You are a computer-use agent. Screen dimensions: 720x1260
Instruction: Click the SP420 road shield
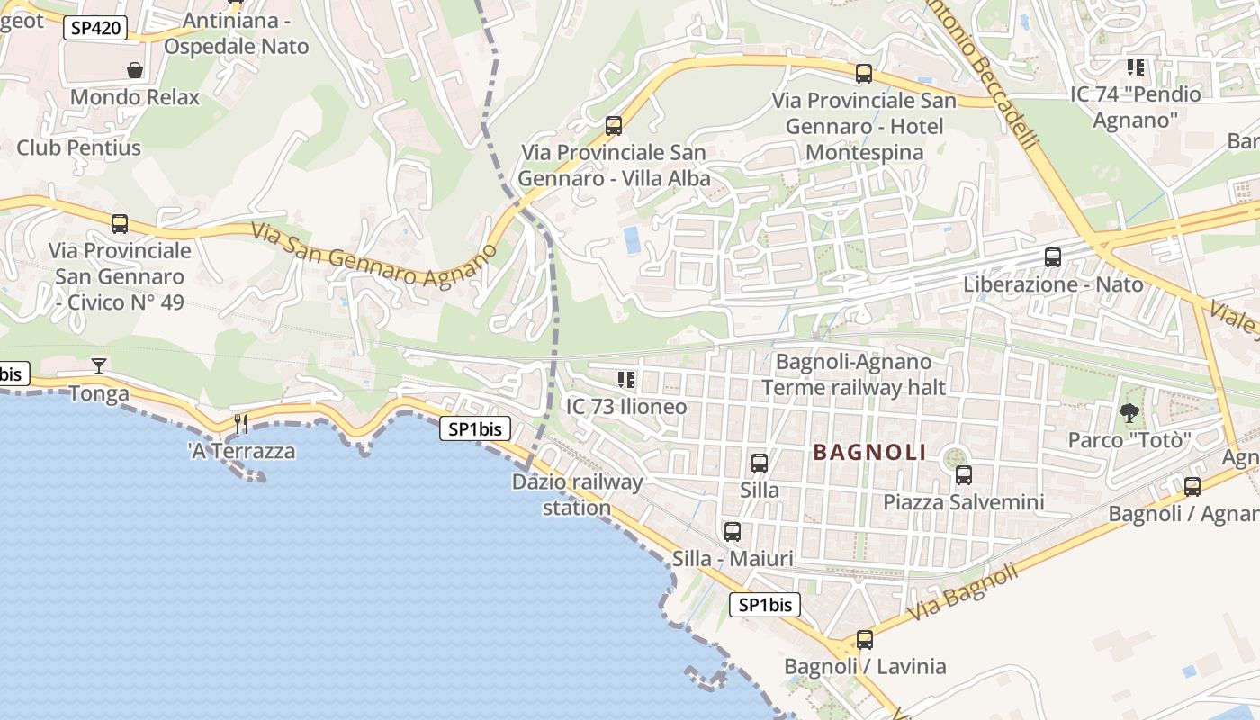pos(94,28)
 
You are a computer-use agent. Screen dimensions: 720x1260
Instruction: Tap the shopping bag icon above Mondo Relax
pos(135,70)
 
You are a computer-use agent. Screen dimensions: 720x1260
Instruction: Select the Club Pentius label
pos(79,148)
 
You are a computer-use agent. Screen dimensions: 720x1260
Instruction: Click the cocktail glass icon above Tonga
pos(99,365)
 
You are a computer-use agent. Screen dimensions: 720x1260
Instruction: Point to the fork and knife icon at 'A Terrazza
pos(241,423)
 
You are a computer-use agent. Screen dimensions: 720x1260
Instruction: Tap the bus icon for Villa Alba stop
pos(614,126)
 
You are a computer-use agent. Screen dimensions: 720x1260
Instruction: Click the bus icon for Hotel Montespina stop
pos(864,74)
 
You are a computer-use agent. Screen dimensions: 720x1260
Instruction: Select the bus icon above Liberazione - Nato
pos(1053,257)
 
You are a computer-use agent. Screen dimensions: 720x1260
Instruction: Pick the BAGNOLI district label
pos(869,453)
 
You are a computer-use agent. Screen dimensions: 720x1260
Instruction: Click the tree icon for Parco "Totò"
pos(1129,413)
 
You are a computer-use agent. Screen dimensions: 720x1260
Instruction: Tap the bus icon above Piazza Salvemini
pos(964,474)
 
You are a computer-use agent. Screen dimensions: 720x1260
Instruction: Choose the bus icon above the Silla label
pos(760,463)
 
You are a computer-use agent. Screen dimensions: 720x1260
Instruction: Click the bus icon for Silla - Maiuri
pos(733,532)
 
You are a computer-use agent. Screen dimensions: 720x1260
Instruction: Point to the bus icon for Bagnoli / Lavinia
pos(865,640)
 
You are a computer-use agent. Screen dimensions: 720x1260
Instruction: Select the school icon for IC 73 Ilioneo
pos(626,380)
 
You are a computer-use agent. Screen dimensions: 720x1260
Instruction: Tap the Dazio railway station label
pos(578,494)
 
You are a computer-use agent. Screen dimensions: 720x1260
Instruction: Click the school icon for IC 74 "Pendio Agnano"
pos(1136,67)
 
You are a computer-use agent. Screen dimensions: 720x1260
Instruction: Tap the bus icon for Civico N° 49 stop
pos(120,224)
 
